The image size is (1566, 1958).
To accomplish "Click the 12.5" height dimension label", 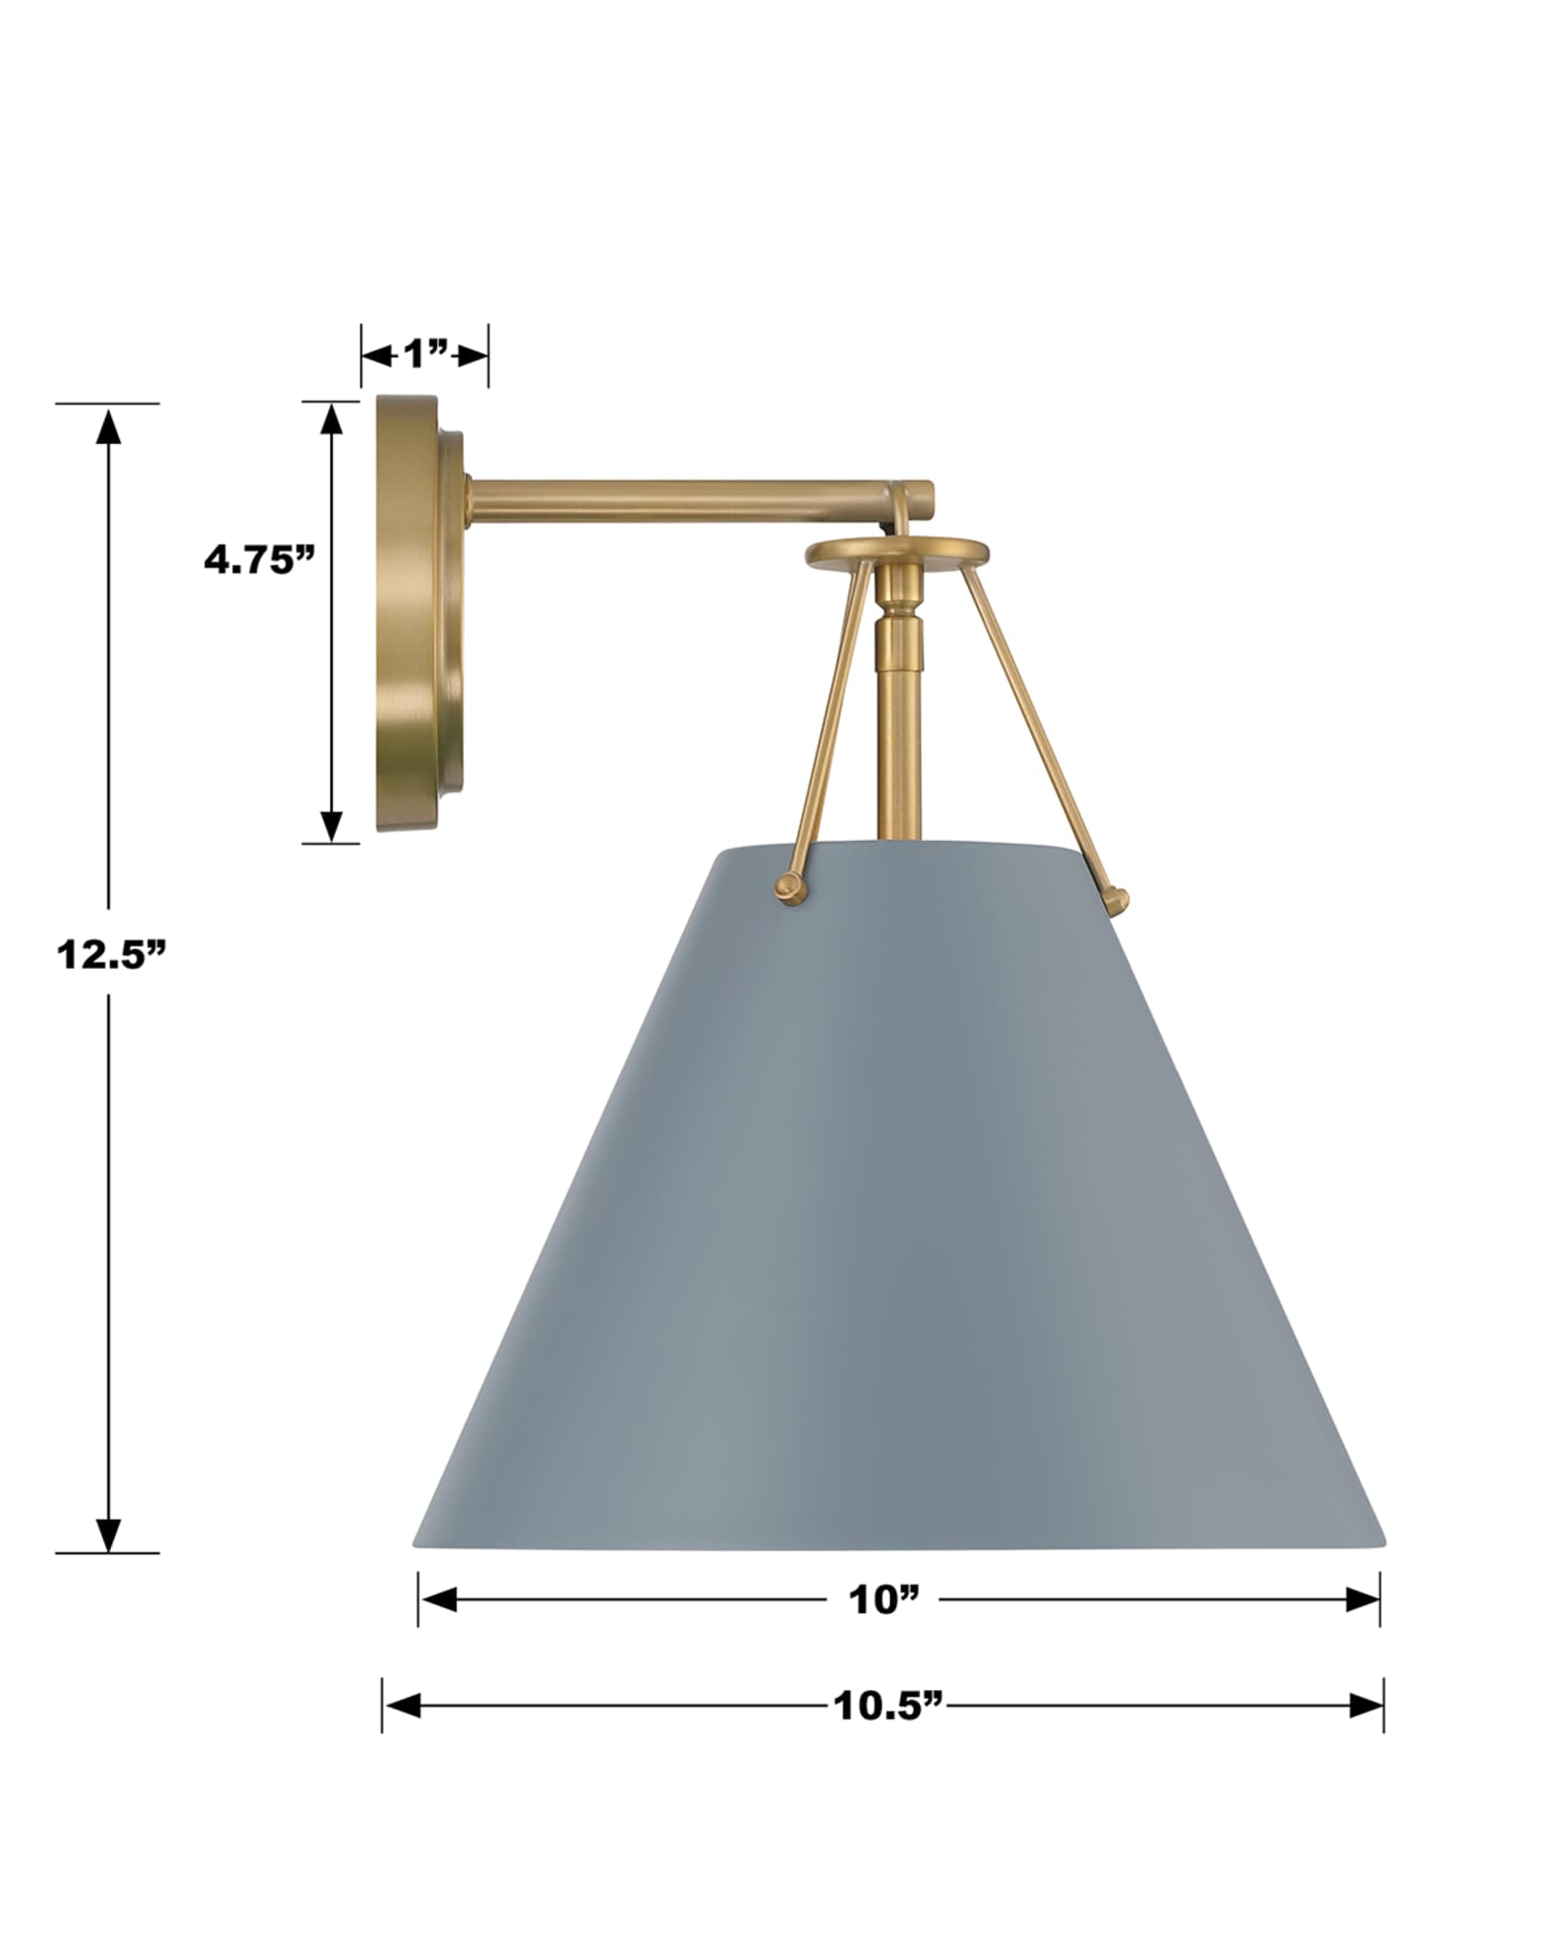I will tap(109, 954).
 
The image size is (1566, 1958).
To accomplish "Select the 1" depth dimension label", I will tap(425, 354).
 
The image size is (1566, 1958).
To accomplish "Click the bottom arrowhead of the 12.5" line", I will tap(109, 1532).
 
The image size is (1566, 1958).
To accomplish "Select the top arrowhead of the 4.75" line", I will tap(331, 419).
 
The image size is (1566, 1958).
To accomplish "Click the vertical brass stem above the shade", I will tap(897, 734).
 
